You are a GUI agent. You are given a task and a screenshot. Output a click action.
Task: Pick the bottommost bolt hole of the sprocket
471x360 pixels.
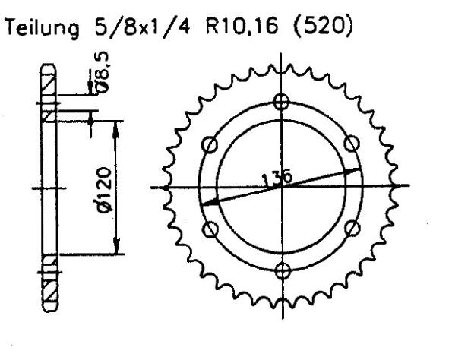click(283, 270)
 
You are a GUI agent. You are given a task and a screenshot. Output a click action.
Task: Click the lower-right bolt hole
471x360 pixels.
click(354, 228)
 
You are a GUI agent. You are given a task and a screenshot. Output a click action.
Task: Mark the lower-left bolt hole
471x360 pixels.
click(211, 228)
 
